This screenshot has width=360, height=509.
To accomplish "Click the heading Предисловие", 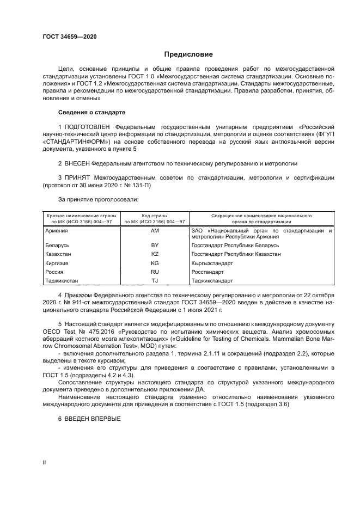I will coord(188,54).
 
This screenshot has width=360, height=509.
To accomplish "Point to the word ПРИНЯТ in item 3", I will coord(77,177).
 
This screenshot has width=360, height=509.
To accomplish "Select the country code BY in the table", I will coord(155,246).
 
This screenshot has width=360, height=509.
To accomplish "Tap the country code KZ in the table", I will coord(155,254).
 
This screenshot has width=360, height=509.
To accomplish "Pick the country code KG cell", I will coord(155,263).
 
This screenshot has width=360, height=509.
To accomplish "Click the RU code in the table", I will coord(155,272).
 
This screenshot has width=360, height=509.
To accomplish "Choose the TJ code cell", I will coord(155,281).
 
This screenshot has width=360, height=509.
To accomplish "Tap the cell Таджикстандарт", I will coord(212,281).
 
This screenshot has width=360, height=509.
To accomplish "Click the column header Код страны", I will coord(155,216).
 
